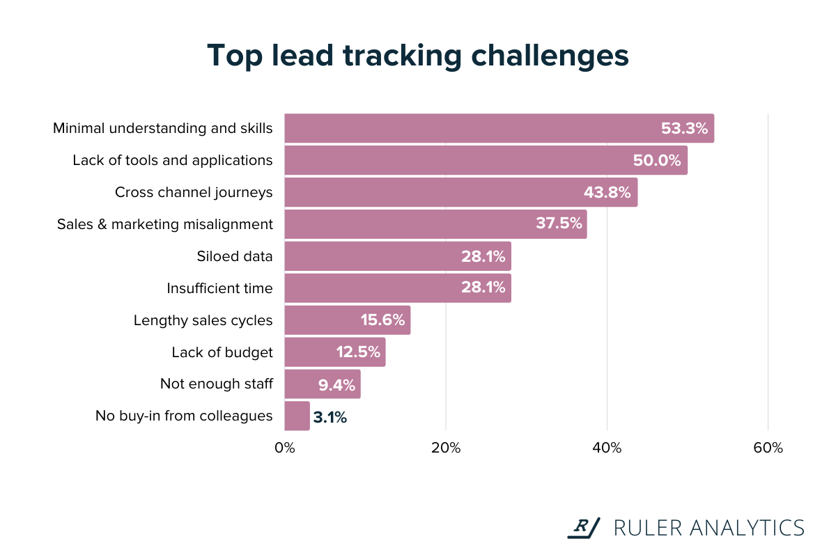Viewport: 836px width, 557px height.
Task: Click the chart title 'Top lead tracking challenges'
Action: [x=418, y=56]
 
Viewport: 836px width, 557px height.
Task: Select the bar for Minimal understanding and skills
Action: [x=499, y=128]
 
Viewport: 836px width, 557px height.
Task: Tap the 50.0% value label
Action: [x=656, y=160]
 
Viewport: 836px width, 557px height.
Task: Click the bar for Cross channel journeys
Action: [x=460, y=192]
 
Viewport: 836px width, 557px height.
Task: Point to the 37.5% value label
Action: [x=559, y=224]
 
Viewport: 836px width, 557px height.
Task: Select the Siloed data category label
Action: [x=235, y=256]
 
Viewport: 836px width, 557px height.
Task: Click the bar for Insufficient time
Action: [x=397, y=288]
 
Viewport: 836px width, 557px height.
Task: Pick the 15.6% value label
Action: [x=382, y=320]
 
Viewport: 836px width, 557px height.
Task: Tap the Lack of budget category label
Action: [x=222, y=352]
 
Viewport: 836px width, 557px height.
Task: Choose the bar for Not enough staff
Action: [x=323, y=384]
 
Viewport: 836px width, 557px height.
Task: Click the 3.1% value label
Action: [x=330, y=417]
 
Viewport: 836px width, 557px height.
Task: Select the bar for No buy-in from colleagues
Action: [x=297, y=416]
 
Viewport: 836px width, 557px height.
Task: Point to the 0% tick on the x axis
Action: [x=285, y=448]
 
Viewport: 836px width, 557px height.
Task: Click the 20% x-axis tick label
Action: [x=446, y=448]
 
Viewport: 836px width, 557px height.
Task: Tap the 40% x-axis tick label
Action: [x=607, y=448]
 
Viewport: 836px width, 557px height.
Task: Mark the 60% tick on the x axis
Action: [x=768, y=448]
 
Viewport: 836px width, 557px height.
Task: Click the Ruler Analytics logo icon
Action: [x=583, y=528]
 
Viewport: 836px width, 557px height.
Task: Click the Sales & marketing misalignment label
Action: [x=165, y=224]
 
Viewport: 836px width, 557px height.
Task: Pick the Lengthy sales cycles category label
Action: [x=203, y=320]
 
